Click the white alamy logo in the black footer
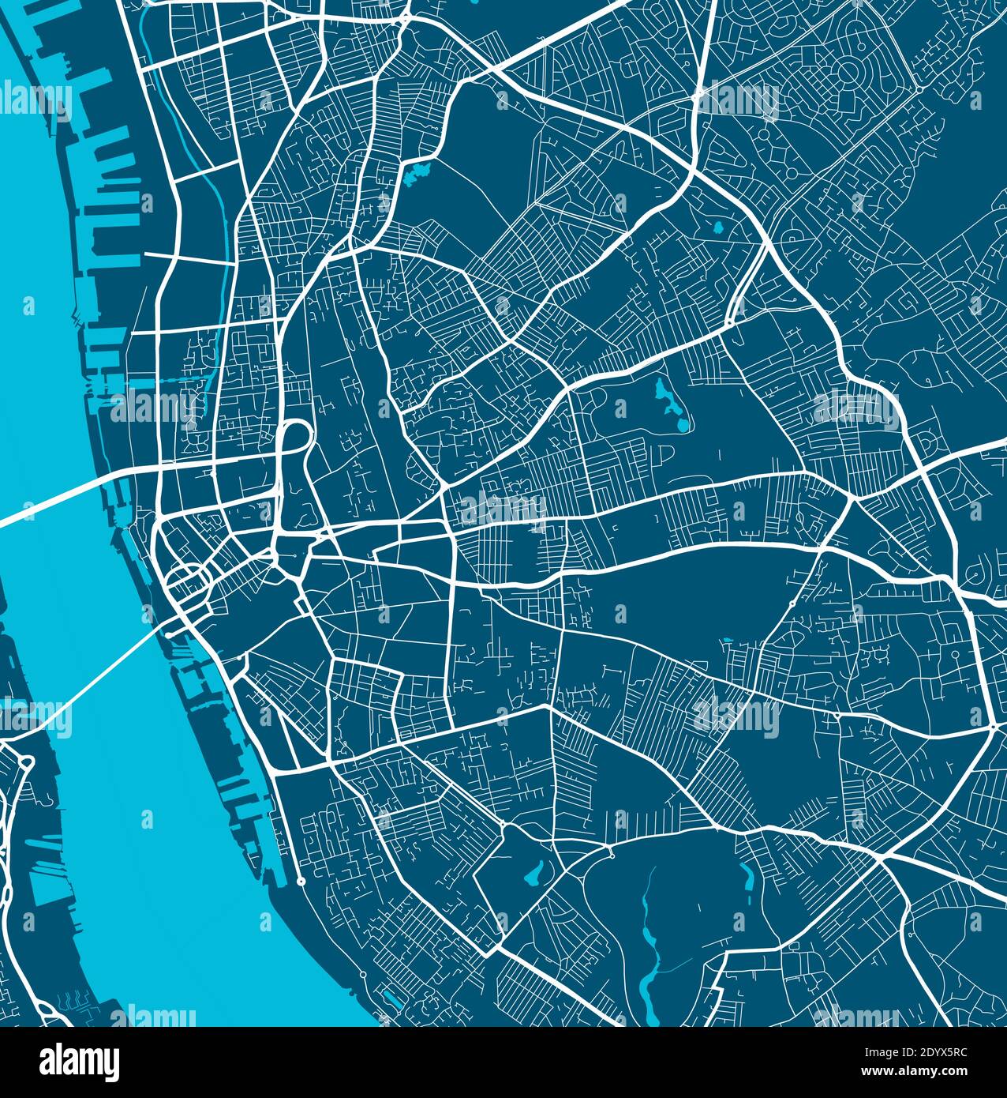click(x=79, y=1062)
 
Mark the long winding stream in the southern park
click(x=649, y=940)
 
